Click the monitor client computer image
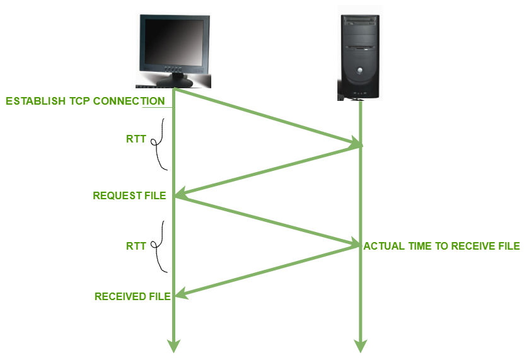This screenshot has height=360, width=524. pyautogui.click(x=173, y=50)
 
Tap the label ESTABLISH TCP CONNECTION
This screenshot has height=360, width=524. pyautogui.click(x=85, y=102)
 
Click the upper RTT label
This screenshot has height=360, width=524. pyautogui.click(x=136, y=139)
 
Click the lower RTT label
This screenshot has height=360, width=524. pyautogui.click(x=136, y=246)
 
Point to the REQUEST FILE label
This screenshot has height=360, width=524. pyautogui.click(x=129, y=195)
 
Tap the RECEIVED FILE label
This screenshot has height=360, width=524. pyautogui.click(x=132, y=296)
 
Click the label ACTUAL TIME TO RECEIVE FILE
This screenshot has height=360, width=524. pyautogui.click(x=441, y=246)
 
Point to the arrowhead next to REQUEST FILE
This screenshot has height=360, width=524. pyautogui.click(x=180, y=195)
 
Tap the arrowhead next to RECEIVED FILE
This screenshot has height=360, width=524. pyautogui.click(x=180, y=294)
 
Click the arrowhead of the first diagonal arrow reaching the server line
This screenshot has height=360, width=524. pyautogui.click(x=357, y=146)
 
